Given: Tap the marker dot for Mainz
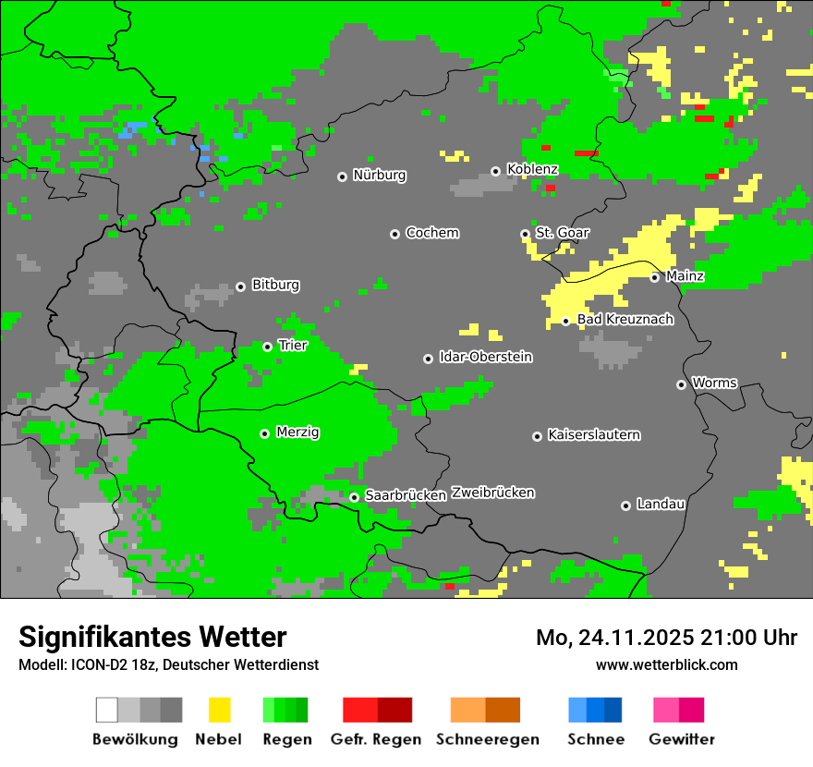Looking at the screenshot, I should pos(654,277).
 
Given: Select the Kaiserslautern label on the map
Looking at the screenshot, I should pos(593,435).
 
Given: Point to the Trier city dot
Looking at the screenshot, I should pos(267,347).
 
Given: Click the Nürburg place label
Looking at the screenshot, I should pos(379,176).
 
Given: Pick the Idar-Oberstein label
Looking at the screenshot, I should pos(485,358).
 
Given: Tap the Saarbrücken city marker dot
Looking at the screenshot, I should pos(354,497).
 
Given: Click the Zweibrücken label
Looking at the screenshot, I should pos(492,493).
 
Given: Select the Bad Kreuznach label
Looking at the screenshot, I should pos(625,320).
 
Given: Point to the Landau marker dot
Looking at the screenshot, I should pos(625,505).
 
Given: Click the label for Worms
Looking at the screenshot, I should pos(714,383).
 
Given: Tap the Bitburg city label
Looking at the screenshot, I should pos(275,286).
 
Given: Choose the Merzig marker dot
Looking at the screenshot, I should pos(264,433).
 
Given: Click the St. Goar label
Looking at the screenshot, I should pos(562,234).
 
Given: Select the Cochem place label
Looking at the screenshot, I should pos(431,233).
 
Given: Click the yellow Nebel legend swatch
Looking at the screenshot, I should pos(219,710).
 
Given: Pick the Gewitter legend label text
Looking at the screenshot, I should pos(681,739).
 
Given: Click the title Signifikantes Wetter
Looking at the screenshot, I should pos(152,638).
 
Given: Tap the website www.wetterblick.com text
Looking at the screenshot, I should pos(666,665).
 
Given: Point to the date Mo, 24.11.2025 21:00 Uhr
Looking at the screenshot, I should pos(666,638).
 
